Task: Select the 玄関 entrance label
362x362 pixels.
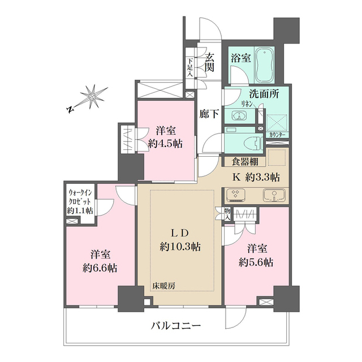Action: [209, 62]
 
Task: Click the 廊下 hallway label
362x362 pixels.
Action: [209, 113]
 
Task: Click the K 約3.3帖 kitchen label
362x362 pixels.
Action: [256, 176]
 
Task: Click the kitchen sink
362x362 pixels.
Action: [274, 196]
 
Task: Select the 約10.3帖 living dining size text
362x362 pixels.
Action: [180, 246]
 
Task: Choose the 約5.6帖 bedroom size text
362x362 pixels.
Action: [256, 262]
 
